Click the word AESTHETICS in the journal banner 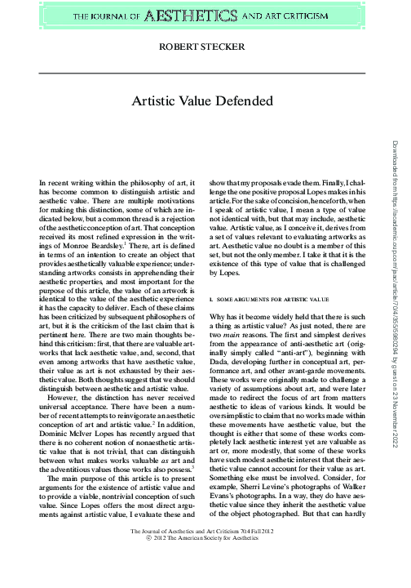point(199,15)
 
